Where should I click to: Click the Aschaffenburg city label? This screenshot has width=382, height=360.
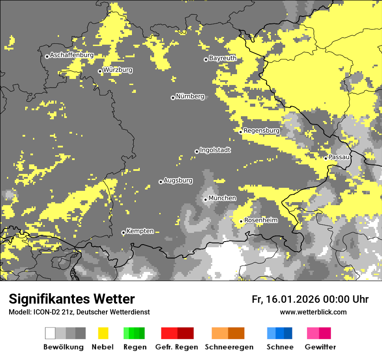pos(72,55)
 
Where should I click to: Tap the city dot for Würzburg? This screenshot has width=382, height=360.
pos(100,71)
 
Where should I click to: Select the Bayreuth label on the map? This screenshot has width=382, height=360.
pos(223,58)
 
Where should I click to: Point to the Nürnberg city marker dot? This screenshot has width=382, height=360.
pos(173,98)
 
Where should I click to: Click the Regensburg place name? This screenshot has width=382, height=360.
pos(261,131)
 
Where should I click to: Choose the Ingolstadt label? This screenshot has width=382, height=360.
pos(215,150)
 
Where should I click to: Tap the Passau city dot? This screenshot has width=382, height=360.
pos(326,158)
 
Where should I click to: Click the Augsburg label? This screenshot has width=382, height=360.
pos(178,180)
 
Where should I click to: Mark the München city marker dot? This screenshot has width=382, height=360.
pos(205,200)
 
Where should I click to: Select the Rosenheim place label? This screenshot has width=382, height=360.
pos(261,220)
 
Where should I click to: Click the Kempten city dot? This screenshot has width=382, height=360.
pos(123,233)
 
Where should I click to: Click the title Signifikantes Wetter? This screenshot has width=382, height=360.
pos(72,299)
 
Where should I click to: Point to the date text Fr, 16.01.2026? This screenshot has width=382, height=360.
pos(285,299)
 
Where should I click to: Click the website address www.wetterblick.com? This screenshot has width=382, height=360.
pos(313,312)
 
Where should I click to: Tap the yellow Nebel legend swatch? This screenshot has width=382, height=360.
pos(103,333)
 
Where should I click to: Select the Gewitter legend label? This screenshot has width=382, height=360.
pos(320,347)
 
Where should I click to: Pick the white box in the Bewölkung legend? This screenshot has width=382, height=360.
pos(50,333)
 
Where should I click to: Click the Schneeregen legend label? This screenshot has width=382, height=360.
pos(229,347)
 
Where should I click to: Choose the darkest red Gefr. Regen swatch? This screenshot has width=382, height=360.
pos(185,333)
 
